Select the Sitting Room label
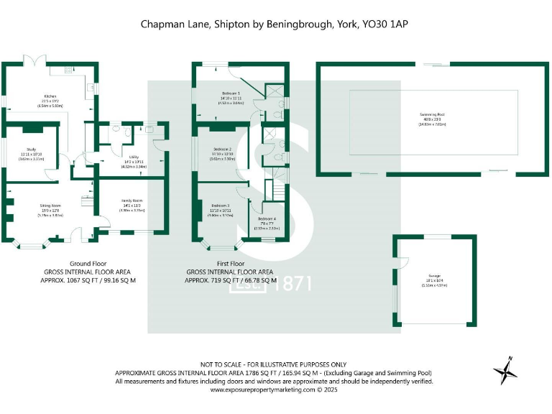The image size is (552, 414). pyautogui.click(x=50, y=205)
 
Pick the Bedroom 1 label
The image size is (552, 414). pyautogui.click(x=231, y=94)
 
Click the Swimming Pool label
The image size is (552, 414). pyautogui.click(x=433, y=114)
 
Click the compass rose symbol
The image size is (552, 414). pyautogui.click(x=505, y=370)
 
